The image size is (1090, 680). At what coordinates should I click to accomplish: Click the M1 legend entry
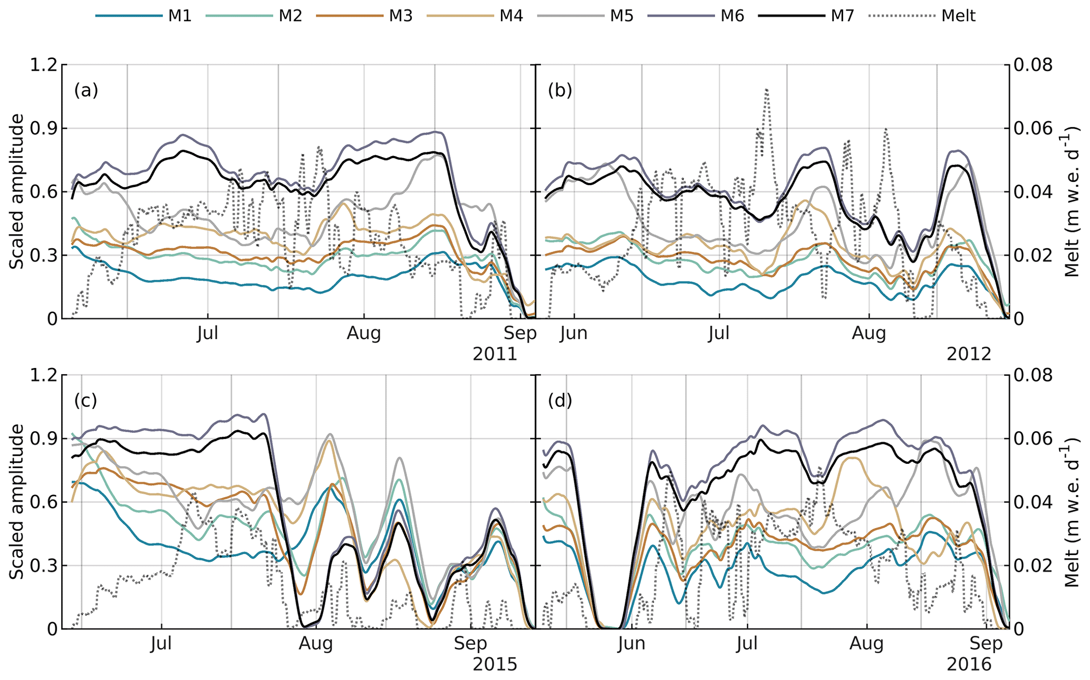click(x=179, y=16)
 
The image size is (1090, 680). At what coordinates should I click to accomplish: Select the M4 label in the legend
click(x=511, y=16)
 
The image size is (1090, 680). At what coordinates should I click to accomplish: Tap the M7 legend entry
click(x=842, y=16)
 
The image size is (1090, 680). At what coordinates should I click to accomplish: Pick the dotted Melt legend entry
click(x=958, y=16)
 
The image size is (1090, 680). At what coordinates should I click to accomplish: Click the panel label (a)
click(x=86, y=91)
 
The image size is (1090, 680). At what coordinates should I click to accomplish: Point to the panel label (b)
click(x=560, y=91)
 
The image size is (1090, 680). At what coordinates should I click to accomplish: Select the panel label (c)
click(x=86, y=401)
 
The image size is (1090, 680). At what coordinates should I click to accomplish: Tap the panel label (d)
click(x=560, y=401)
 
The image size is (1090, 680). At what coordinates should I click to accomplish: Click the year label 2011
click(x=495, y=354)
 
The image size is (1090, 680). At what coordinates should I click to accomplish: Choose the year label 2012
click(x=969, y=354)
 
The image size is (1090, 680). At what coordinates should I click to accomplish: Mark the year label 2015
click(x=495, y=664)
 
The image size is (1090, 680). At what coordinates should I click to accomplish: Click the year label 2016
click(x=969, y=664)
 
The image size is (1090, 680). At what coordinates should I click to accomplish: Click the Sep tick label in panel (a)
click(x=520, y=334)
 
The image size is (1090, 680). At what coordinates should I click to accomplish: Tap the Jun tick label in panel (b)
click(x=574, y=334)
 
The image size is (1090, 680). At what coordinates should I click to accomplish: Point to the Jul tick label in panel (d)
click(x=747, y=644)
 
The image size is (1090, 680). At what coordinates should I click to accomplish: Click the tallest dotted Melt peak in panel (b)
click(x=766, y=90)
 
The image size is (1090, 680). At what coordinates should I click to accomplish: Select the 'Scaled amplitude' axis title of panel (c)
click(x=17, y=501)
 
